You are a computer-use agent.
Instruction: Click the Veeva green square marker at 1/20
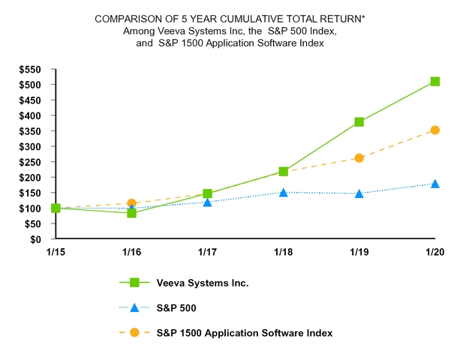tap(434, 82)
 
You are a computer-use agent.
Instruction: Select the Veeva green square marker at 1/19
tap(359, 122)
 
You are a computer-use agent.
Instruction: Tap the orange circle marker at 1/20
tap(434, 130)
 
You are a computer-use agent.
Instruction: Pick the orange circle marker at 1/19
tap(359, 158)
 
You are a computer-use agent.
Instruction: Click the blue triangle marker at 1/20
tap(434, 184)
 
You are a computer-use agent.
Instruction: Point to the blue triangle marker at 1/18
tap(284, 192)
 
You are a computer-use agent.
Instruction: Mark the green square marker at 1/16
tap(131, 213)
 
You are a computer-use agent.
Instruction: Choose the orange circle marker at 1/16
tap(131, 203)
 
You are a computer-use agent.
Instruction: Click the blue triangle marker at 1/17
tap(207, 202)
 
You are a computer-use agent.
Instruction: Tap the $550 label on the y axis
tap(31, 69)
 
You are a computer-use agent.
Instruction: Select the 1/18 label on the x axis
tap(283, 252)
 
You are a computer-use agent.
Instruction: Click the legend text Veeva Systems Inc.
tap(203, 283)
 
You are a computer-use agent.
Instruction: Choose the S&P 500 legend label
tap(176, 307)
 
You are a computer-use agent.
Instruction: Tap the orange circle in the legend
tap(134, 332)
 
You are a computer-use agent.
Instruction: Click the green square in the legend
tap(134, 283)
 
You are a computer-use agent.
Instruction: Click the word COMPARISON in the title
tap(131, 18)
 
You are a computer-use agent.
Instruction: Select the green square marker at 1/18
tap(284, 172)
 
